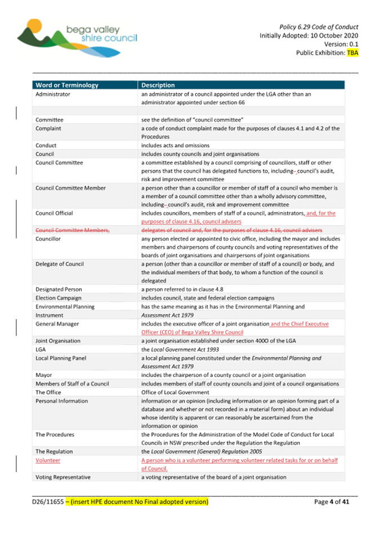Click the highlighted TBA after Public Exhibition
[352, 53]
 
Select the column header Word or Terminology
[67, 86]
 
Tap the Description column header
[158, 86]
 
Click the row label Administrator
[53, 95]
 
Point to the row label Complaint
[50, 128]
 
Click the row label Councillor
[50, 239]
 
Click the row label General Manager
[57, 324]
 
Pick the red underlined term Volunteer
[48, 460]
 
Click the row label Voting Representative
[62, 477]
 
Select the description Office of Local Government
[175, 392]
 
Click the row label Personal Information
[62, 401]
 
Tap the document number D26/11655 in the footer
[48, 501]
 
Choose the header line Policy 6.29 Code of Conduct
[319, 26]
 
